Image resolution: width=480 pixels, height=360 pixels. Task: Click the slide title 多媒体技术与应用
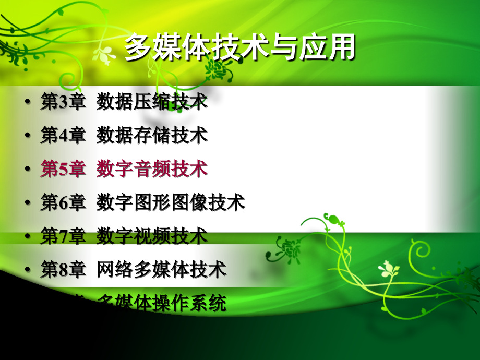click(x=239, y=49)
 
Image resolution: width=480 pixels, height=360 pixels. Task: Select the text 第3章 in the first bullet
click(x=63, y=102)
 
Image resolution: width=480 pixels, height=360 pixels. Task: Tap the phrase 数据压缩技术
click(x=152, y=102)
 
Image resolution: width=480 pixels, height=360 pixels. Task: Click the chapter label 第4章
click(x=63, y=136)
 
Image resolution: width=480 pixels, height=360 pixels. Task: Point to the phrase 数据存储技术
click(x=152, y=136)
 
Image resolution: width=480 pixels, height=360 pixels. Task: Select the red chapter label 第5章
click(x=63, y=169)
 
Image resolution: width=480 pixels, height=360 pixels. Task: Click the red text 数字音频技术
click(x=152, y=169)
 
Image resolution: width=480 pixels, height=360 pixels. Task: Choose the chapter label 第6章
click(x=63, y=203)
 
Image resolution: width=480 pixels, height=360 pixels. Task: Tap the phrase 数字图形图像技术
click(x=171, y=203)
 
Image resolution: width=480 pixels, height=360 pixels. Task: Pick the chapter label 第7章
click(x=63, y=236)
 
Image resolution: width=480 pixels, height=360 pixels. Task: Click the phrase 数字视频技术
click(x=152, y=236)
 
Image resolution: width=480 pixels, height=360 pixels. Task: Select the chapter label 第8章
click(x=63, y=270)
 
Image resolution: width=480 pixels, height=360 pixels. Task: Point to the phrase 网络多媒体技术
click(x=161, y=270)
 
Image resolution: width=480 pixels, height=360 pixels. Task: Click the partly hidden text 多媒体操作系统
click(x=162, y=303)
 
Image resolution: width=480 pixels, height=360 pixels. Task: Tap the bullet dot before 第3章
click(x=27, y=102)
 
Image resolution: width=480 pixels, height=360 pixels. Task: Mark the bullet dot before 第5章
click(x=27, y=170)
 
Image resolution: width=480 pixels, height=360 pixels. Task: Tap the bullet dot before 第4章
click(x=27, y=136)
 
